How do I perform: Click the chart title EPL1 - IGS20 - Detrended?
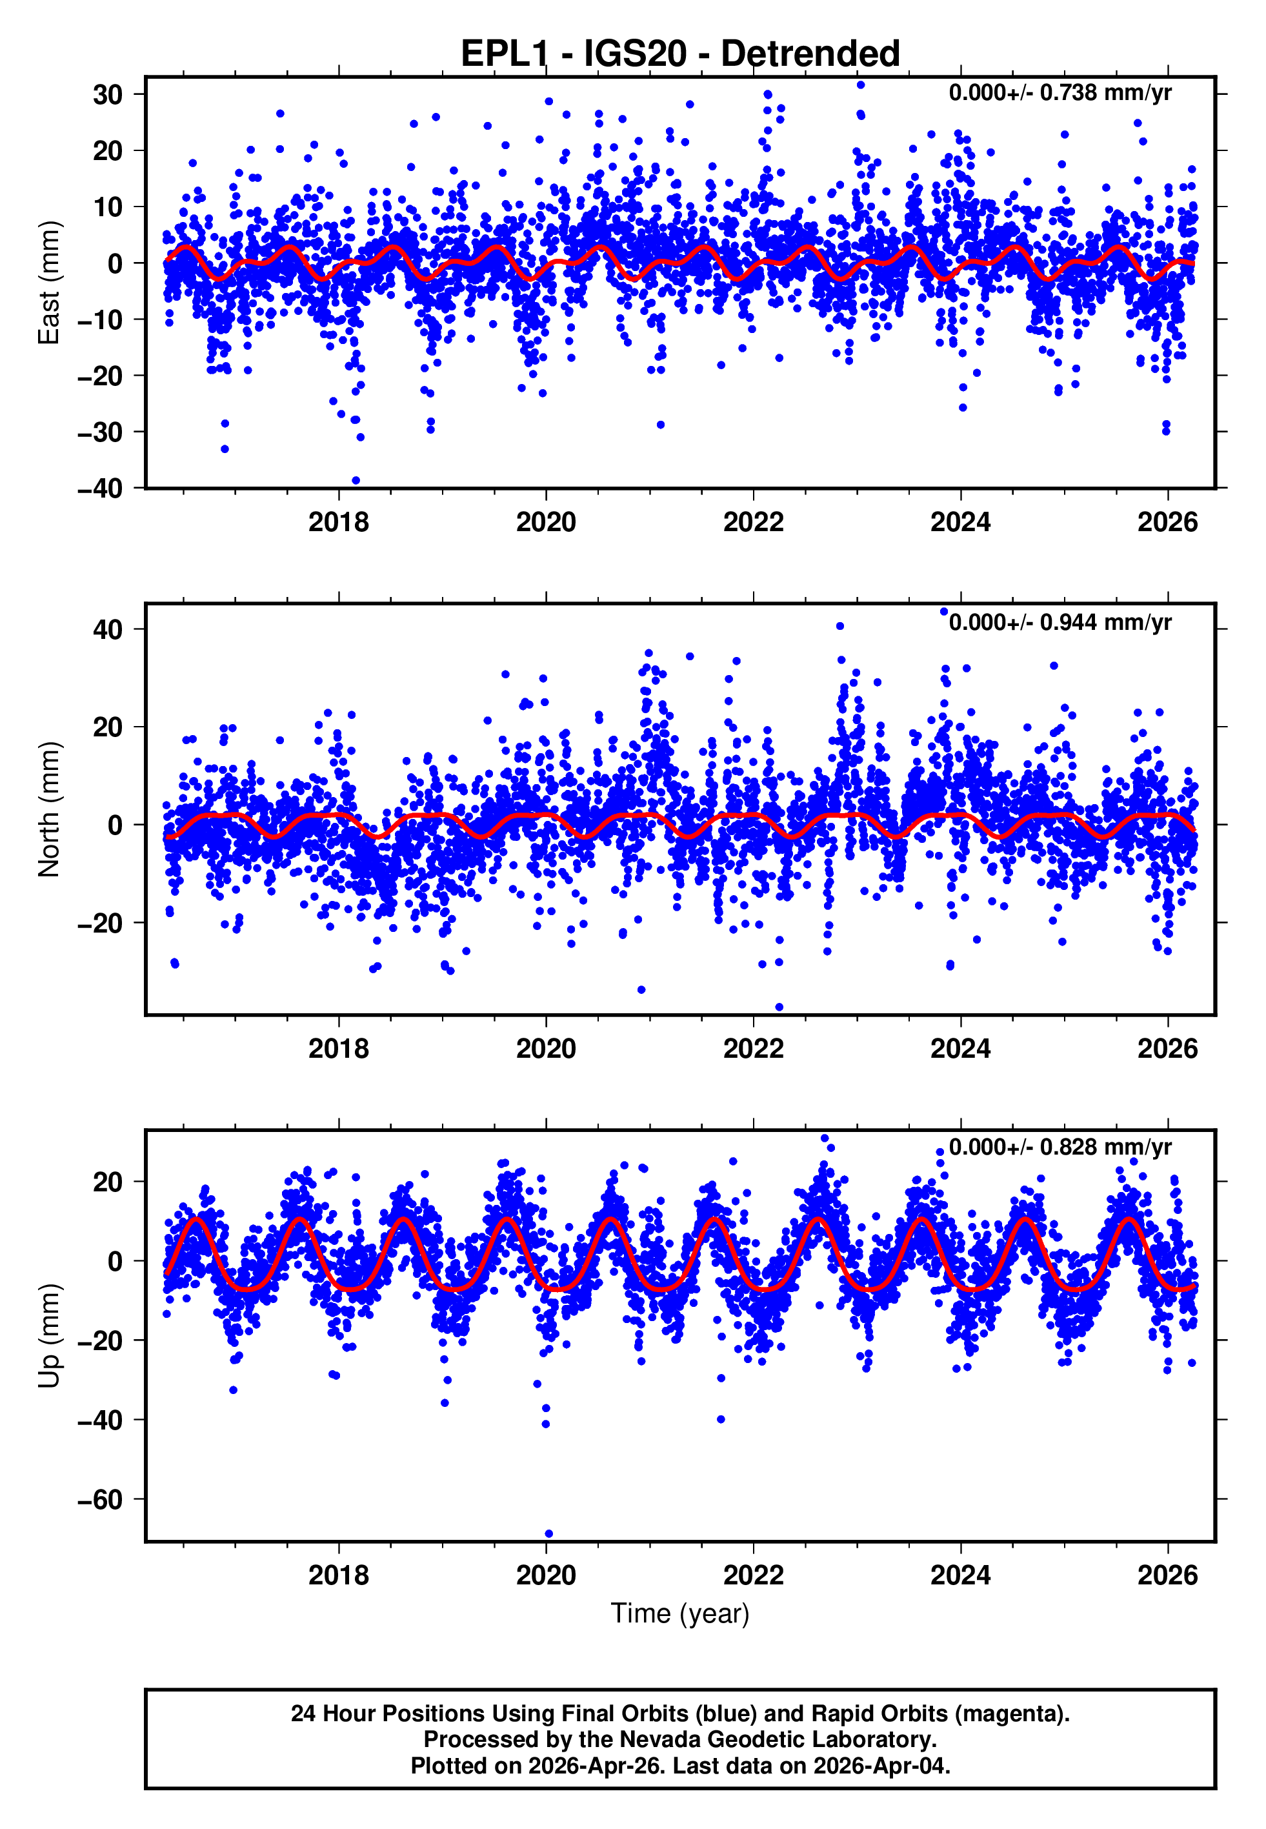(680, 54)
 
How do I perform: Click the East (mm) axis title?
(49, 283)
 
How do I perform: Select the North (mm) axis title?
(49, 809)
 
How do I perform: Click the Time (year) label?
(680, 1613)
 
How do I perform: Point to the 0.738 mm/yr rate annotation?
(1060, 93)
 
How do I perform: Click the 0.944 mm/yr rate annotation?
(1060, 622)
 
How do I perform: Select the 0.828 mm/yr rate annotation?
(1060, 1147)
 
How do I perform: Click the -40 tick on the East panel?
(100, 489)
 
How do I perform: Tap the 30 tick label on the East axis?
(108, 94)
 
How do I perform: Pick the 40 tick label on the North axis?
(108, 630)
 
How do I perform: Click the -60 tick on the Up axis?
(100, 1500)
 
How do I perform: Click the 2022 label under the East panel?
(753, 523)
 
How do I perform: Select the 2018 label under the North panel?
(339, 1049)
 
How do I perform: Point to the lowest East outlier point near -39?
(356, 481)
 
